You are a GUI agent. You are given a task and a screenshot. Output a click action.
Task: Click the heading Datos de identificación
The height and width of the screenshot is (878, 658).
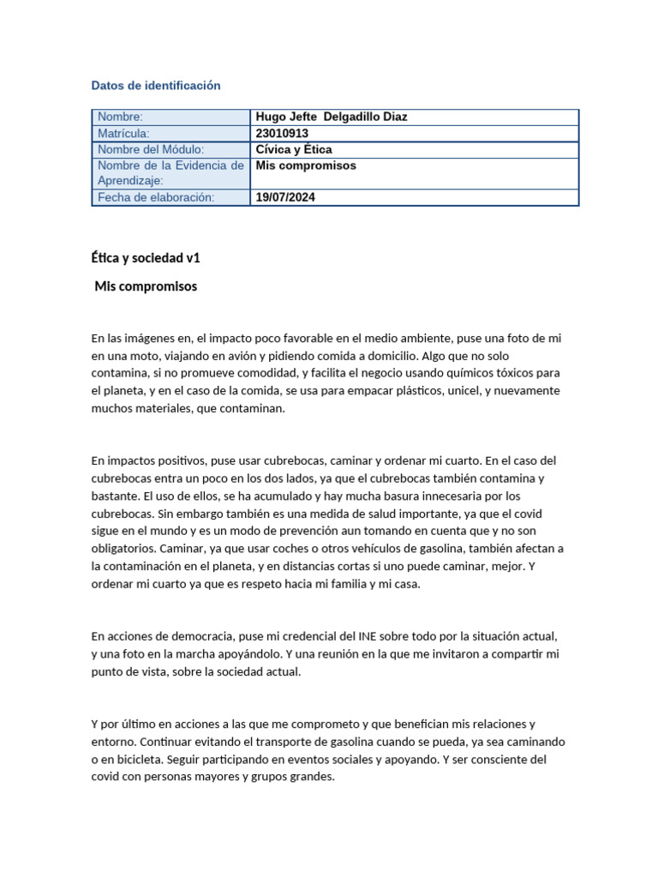tap(156, 86)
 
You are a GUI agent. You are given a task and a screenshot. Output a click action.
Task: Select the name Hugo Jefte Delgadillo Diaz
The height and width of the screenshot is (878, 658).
tap(332, 117)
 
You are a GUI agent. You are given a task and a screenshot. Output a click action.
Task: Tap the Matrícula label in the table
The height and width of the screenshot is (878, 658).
tap(123, 134)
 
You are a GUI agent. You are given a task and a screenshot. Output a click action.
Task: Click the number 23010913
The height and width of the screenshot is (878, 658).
tap(282, 134)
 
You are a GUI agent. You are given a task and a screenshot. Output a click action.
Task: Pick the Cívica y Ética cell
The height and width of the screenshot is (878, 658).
tap(294, 149)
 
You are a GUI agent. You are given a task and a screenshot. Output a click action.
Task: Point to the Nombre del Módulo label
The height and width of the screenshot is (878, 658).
tap(151, 149)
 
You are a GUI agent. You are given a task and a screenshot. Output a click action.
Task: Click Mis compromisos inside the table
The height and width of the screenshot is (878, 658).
tap(306, 165)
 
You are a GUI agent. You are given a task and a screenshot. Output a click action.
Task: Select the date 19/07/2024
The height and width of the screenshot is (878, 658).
tap(286, 197)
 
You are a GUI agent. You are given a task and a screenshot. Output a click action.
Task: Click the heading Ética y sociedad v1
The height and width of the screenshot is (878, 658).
tap(146, 257)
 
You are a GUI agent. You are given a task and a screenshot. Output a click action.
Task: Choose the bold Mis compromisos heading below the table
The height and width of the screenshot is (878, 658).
tap(146, 286)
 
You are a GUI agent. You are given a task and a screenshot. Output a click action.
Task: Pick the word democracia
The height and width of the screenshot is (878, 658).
tap(194, 637)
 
